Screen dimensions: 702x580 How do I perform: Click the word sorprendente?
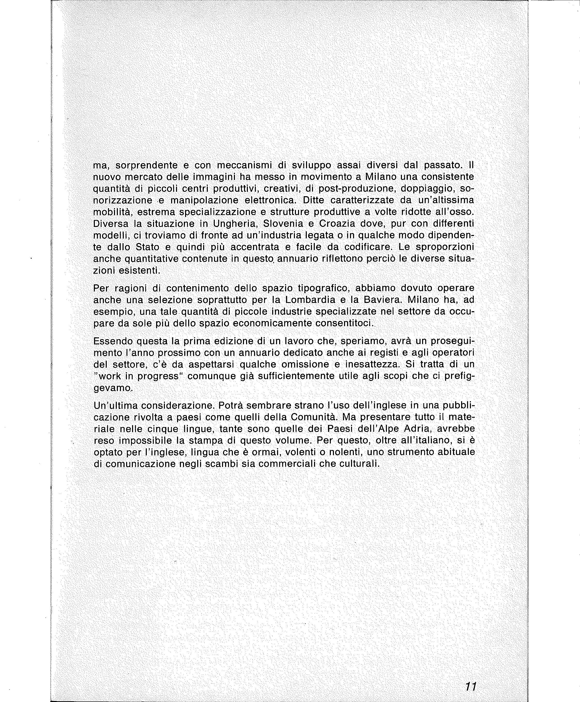pyautogui.click(x=146, y=165)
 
